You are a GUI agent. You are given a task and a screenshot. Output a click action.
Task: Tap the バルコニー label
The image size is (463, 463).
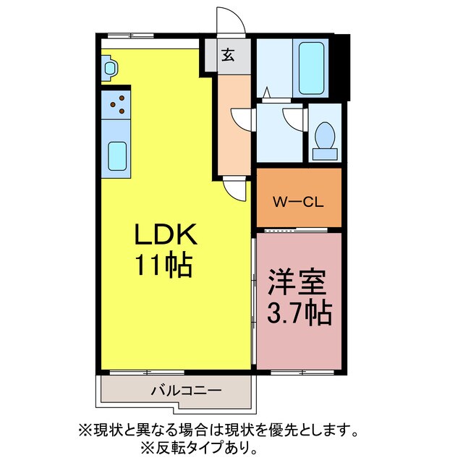(185, 391)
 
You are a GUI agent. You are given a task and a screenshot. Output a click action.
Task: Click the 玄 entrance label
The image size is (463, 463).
(227, 56)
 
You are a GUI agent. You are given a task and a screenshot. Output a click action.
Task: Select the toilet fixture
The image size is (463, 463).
(324, 138)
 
